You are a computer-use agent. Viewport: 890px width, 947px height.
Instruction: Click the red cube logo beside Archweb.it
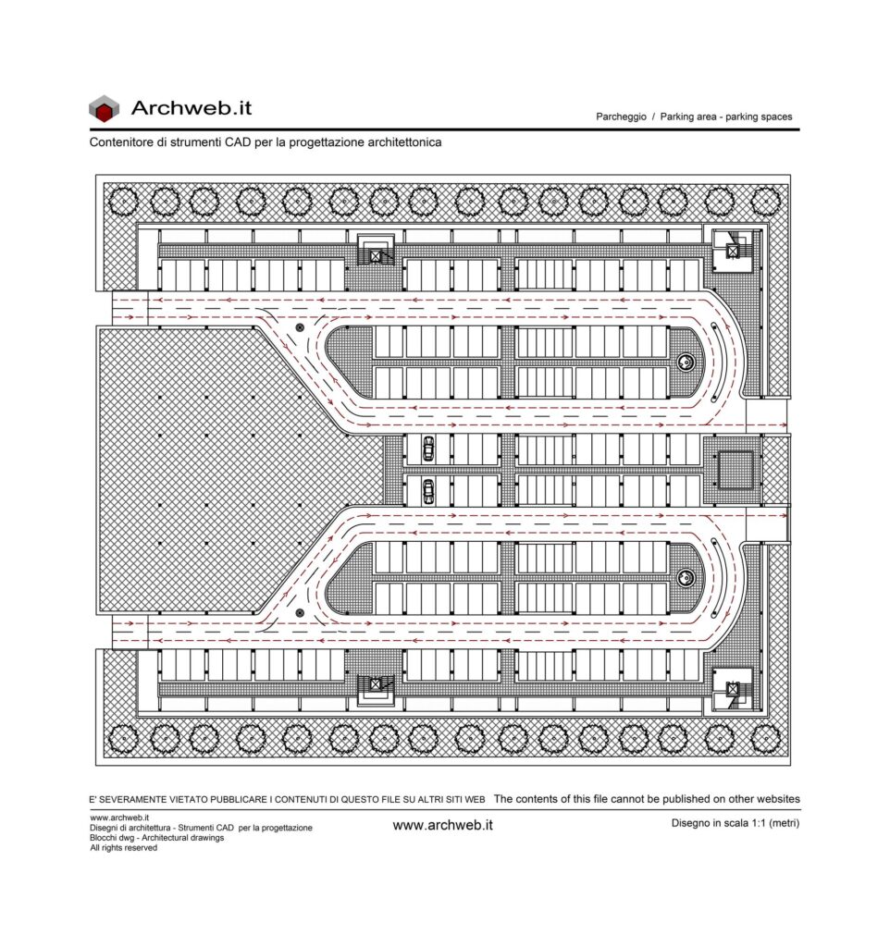[x=104, y=109]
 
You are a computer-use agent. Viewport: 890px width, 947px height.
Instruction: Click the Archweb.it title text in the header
[x=191, y=108]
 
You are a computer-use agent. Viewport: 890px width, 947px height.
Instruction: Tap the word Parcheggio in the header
[x=621, y=117]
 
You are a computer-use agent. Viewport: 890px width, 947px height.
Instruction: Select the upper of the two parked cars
[x=427, y=449]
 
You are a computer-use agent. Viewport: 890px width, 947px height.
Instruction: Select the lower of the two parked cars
[x=427, y=491]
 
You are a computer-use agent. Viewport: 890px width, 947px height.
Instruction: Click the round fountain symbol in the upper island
[x=686, y=363]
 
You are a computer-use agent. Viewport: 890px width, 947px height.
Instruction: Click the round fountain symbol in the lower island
[x=686, y=578]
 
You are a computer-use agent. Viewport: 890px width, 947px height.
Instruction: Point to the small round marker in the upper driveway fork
[x=299, y=327]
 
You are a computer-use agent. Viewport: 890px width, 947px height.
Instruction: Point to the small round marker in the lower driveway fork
[x=299, y=612]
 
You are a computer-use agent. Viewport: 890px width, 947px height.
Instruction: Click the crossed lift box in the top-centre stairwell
[x=376, y=256]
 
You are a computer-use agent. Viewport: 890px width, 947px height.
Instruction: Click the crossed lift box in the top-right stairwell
[x=733, y=251]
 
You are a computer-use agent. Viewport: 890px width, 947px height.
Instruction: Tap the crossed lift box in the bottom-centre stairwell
[x=376, y=684]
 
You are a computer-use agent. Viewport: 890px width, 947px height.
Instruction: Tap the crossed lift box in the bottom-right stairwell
[x=733, y=689]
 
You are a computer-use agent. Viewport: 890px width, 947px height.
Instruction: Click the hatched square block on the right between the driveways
[x=735, y=470]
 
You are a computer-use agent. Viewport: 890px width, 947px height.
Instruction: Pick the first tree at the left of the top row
[x=123, y=201]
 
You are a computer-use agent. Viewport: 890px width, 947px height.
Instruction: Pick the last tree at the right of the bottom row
[x=765, y=739]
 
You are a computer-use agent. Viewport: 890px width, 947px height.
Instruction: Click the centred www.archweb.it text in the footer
[x=443, y=825]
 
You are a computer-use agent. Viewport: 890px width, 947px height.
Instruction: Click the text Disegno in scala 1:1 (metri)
[x=735, y=822]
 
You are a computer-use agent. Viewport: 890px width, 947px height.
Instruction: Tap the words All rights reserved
[x=123, y=847]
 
